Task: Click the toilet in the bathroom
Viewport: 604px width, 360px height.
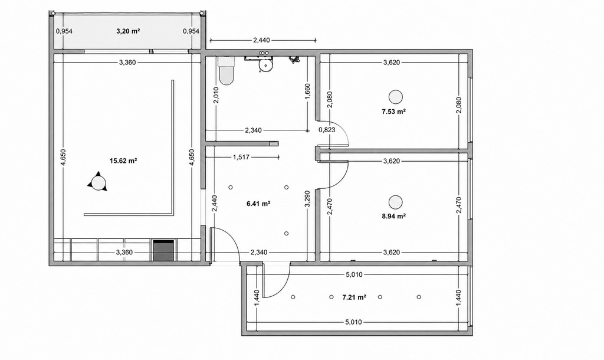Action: pos(226,71)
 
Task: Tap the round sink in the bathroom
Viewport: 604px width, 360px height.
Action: pos(265,66)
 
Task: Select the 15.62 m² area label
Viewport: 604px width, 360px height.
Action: pos(124,161)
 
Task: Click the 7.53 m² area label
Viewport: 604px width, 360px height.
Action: pos(393,112)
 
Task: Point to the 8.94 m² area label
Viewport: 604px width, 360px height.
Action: pos(393,216)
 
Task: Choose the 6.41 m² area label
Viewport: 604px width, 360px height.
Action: pos(258,204)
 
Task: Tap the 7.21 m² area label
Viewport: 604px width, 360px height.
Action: pos(354,297)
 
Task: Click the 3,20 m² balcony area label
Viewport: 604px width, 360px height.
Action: pos(128,31)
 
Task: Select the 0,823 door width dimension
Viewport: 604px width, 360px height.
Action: pos(327,130)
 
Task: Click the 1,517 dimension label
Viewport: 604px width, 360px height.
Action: pos(241,157)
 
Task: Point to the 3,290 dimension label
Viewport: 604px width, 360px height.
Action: pos(307,199)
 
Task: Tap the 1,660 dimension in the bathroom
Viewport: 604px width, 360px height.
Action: pos(307,91)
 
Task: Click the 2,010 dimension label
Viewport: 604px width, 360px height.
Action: pos(216,95)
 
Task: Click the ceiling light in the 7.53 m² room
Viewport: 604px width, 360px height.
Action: pos(395,97)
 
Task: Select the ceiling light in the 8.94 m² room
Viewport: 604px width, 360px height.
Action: pos(395,202)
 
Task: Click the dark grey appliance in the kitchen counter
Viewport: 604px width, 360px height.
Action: pos(165,251)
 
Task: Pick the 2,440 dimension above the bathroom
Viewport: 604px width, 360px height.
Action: pos(261,40)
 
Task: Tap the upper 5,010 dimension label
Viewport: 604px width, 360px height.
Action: pos(354,275)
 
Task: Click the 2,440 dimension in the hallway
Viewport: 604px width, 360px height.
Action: pos(215,204)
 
